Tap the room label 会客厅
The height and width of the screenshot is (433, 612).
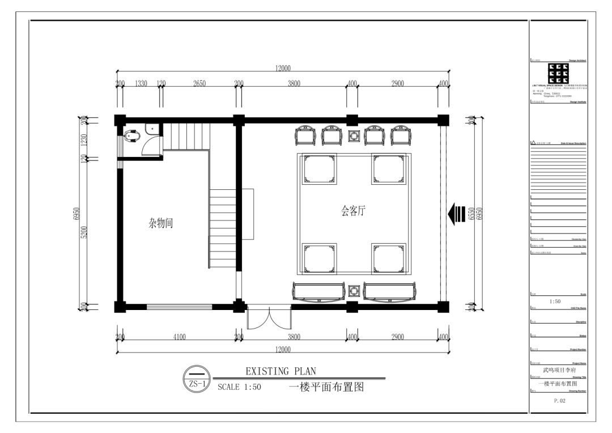click(x=353, y=211)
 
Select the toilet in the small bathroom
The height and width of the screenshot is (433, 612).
click(x=131, y=137)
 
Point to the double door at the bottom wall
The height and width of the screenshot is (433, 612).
click(x=269, y=319)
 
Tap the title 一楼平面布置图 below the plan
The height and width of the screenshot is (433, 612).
click(x=325, y=388)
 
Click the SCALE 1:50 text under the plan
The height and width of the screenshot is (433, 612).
click(x=239, y=389)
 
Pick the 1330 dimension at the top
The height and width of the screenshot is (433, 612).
click(x=141, y=83)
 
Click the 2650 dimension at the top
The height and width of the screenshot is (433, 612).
click(x=199, y=83)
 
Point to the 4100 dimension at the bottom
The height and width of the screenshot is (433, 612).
click(x=179, y=337)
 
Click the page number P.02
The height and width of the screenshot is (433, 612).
click(x=557, y=401)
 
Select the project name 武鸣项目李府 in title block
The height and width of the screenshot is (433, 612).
click(x=558, y=370)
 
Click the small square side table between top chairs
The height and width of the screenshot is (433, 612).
click(x=354, y=136)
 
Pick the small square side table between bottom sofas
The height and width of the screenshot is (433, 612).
click(x=354, y=291)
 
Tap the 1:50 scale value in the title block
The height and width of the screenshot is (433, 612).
click(x=555, y=302)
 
